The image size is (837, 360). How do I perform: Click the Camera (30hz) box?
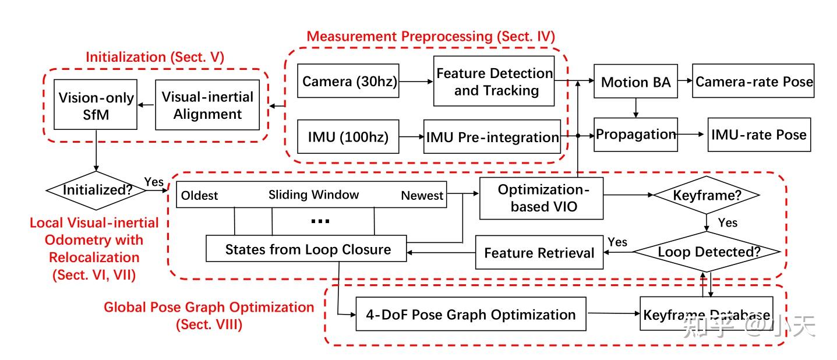tap(348, 81)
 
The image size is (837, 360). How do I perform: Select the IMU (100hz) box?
tap(348, 136)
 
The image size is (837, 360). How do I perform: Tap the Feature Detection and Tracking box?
tap(494, 81)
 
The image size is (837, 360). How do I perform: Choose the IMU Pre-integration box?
tap(492, 136)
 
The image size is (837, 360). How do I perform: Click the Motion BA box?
tap(635, 81)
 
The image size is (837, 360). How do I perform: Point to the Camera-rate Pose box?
tap(753, 81)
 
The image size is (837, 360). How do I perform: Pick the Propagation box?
tap(635, 135)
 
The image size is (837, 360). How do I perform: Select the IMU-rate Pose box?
tap(760, 135)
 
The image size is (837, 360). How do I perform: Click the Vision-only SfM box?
tap(96, 104)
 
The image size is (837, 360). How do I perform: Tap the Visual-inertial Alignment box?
tap(207, 105)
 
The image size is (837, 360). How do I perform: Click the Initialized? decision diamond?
tap(96, 190)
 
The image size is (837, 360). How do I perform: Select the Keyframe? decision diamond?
tap(707, 195)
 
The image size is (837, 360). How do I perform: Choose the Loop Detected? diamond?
tap(707, 252)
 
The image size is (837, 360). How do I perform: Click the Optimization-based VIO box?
tap(542, 198)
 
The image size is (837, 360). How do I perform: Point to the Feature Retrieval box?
tap(539, 252)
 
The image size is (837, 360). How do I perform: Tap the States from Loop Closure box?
tap(306, 248)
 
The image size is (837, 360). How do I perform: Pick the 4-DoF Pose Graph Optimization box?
tap(471, 314)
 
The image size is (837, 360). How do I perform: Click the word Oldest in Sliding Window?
tap(200, 196)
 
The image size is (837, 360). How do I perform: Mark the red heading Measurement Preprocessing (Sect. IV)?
tap(431, 36)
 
